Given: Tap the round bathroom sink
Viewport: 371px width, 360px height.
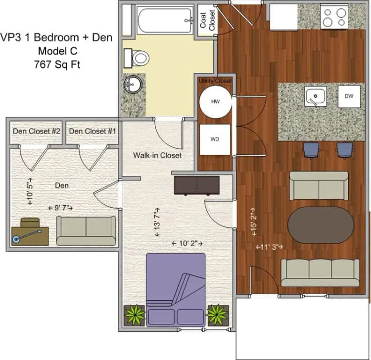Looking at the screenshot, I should (x=132, y=85).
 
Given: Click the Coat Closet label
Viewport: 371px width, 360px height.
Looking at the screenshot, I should (x=207, y=20).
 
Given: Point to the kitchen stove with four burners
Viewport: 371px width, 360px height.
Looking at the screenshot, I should (x=335, y=16).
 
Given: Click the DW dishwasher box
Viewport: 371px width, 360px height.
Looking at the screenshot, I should (x=349, y=96).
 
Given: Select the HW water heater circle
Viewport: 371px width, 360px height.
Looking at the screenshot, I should (x=215, y=101).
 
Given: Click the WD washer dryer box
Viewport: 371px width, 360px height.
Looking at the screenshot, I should (x=215, y=139).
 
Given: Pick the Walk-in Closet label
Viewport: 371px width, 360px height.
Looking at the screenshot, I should (x=157, y=155).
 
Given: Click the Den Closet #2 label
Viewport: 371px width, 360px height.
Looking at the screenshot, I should (x=36, y=131).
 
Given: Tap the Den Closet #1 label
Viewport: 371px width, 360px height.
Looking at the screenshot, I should (x=93, y=131).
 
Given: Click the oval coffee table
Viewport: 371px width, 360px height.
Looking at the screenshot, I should (x=321, y=225).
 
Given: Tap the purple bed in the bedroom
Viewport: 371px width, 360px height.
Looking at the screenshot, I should (x=176, y=289).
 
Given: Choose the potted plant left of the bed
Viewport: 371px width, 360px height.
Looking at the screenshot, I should (x=135, y=314).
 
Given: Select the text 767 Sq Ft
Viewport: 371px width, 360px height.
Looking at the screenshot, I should (x=56, y=64).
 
